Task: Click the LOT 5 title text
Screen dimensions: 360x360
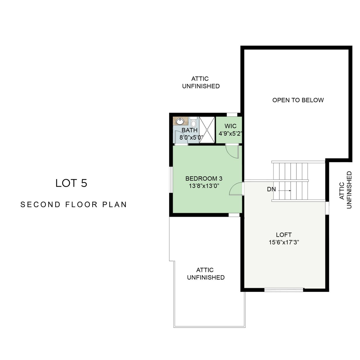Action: [x=71, y=183]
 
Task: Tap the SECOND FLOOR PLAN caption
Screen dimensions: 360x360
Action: [x=74, y=204]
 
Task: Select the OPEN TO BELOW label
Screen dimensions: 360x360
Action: [x=298, y=100]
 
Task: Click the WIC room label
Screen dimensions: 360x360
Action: [x=230, y=126]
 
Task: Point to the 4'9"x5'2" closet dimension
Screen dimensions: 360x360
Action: [x=230, y=134]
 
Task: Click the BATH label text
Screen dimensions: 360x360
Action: [x=190, y=130]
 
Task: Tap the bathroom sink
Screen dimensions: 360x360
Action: [x=180, y=121]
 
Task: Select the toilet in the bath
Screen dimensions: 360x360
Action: [x=193, y=122]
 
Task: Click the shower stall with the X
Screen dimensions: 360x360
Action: [x=207, y=130]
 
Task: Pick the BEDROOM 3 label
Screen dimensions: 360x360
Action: [x=204, y=179]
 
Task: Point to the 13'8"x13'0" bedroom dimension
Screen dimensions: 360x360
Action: [x=204, y=186]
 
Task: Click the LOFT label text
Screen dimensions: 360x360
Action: [x=284, y=235]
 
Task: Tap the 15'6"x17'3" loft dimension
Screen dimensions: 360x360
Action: [x=284, y=242]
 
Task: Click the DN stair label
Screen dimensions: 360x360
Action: [x=271, y=189]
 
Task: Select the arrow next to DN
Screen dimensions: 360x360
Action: [x=285, y=191]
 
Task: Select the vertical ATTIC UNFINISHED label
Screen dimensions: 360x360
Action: [x=345, y=190]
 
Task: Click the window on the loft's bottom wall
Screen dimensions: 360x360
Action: [x=283, y=290]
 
